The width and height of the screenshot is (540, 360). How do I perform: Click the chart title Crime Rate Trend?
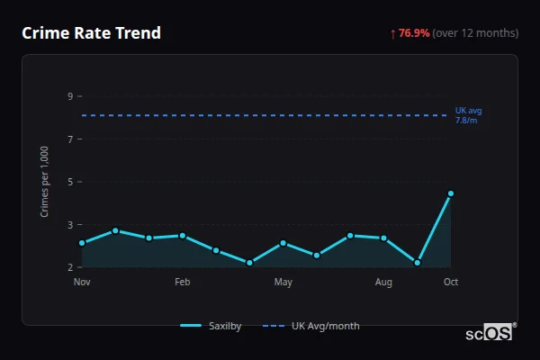(91, 33)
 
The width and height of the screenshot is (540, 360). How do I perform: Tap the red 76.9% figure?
(413, 33)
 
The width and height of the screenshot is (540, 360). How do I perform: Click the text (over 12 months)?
(475, 33)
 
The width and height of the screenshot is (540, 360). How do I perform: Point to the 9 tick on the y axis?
(70, 96)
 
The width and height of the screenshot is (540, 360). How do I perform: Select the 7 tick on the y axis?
(70, 139)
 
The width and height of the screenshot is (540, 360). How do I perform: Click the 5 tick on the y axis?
(70, 182)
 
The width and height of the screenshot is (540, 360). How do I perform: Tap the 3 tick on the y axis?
(70, 224)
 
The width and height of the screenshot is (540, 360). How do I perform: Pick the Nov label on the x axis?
(82, 283)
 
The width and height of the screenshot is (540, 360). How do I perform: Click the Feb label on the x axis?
(183, 283)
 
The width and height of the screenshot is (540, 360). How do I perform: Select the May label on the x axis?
(283, 283)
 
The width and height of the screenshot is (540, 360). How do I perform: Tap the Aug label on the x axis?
(383, 283)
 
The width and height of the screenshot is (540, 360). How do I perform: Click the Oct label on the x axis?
(451, 283)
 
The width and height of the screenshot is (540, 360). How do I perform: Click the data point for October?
(451, 193)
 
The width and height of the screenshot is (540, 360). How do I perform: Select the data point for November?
(82, 243)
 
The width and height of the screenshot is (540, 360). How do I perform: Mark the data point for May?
(283, 243)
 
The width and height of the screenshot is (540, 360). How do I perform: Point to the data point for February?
(183, 236)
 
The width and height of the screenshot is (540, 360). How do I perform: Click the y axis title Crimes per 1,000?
(45, 181)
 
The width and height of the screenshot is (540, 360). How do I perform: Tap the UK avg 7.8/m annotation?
(468, 115)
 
